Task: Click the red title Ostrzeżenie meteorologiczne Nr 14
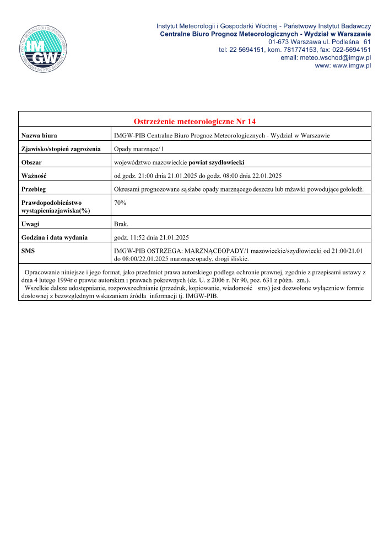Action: (x=194, y=121)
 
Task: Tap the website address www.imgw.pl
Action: (x=343, y=65)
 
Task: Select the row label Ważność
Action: (x=34, y=176)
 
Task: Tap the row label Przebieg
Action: (x=34, y=190)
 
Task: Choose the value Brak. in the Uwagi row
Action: (x=121, y=224)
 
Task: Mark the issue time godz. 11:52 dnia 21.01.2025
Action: (x=151, y=238)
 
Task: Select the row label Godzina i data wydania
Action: (x=54, y=238)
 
